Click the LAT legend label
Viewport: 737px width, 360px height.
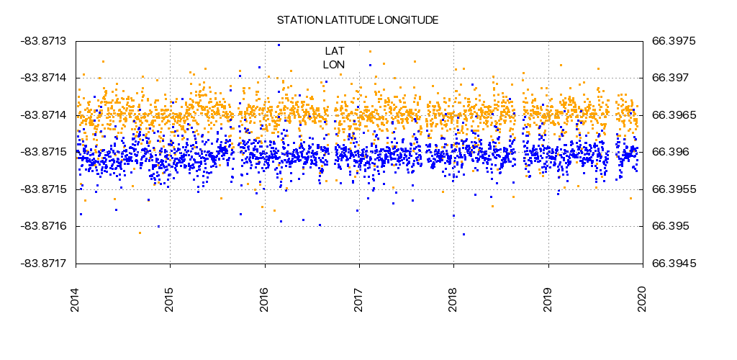(x=335, y=50)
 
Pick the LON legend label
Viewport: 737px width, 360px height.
(x=334, y=65)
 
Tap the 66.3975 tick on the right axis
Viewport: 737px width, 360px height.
(x=673, y=41)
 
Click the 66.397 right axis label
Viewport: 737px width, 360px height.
(x=670, y=78)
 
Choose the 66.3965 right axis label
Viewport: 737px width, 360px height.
(x=673, y=115)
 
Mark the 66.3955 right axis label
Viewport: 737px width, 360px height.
(x=673, y=189)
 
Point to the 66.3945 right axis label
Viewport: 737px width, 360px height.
(x=673, y=264)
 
